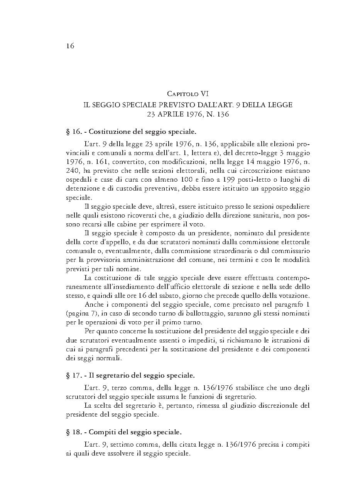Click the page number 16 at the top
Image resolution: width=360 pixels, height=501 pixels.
70,46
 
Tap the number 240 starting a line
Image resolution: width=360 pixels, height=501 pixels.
72,170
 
